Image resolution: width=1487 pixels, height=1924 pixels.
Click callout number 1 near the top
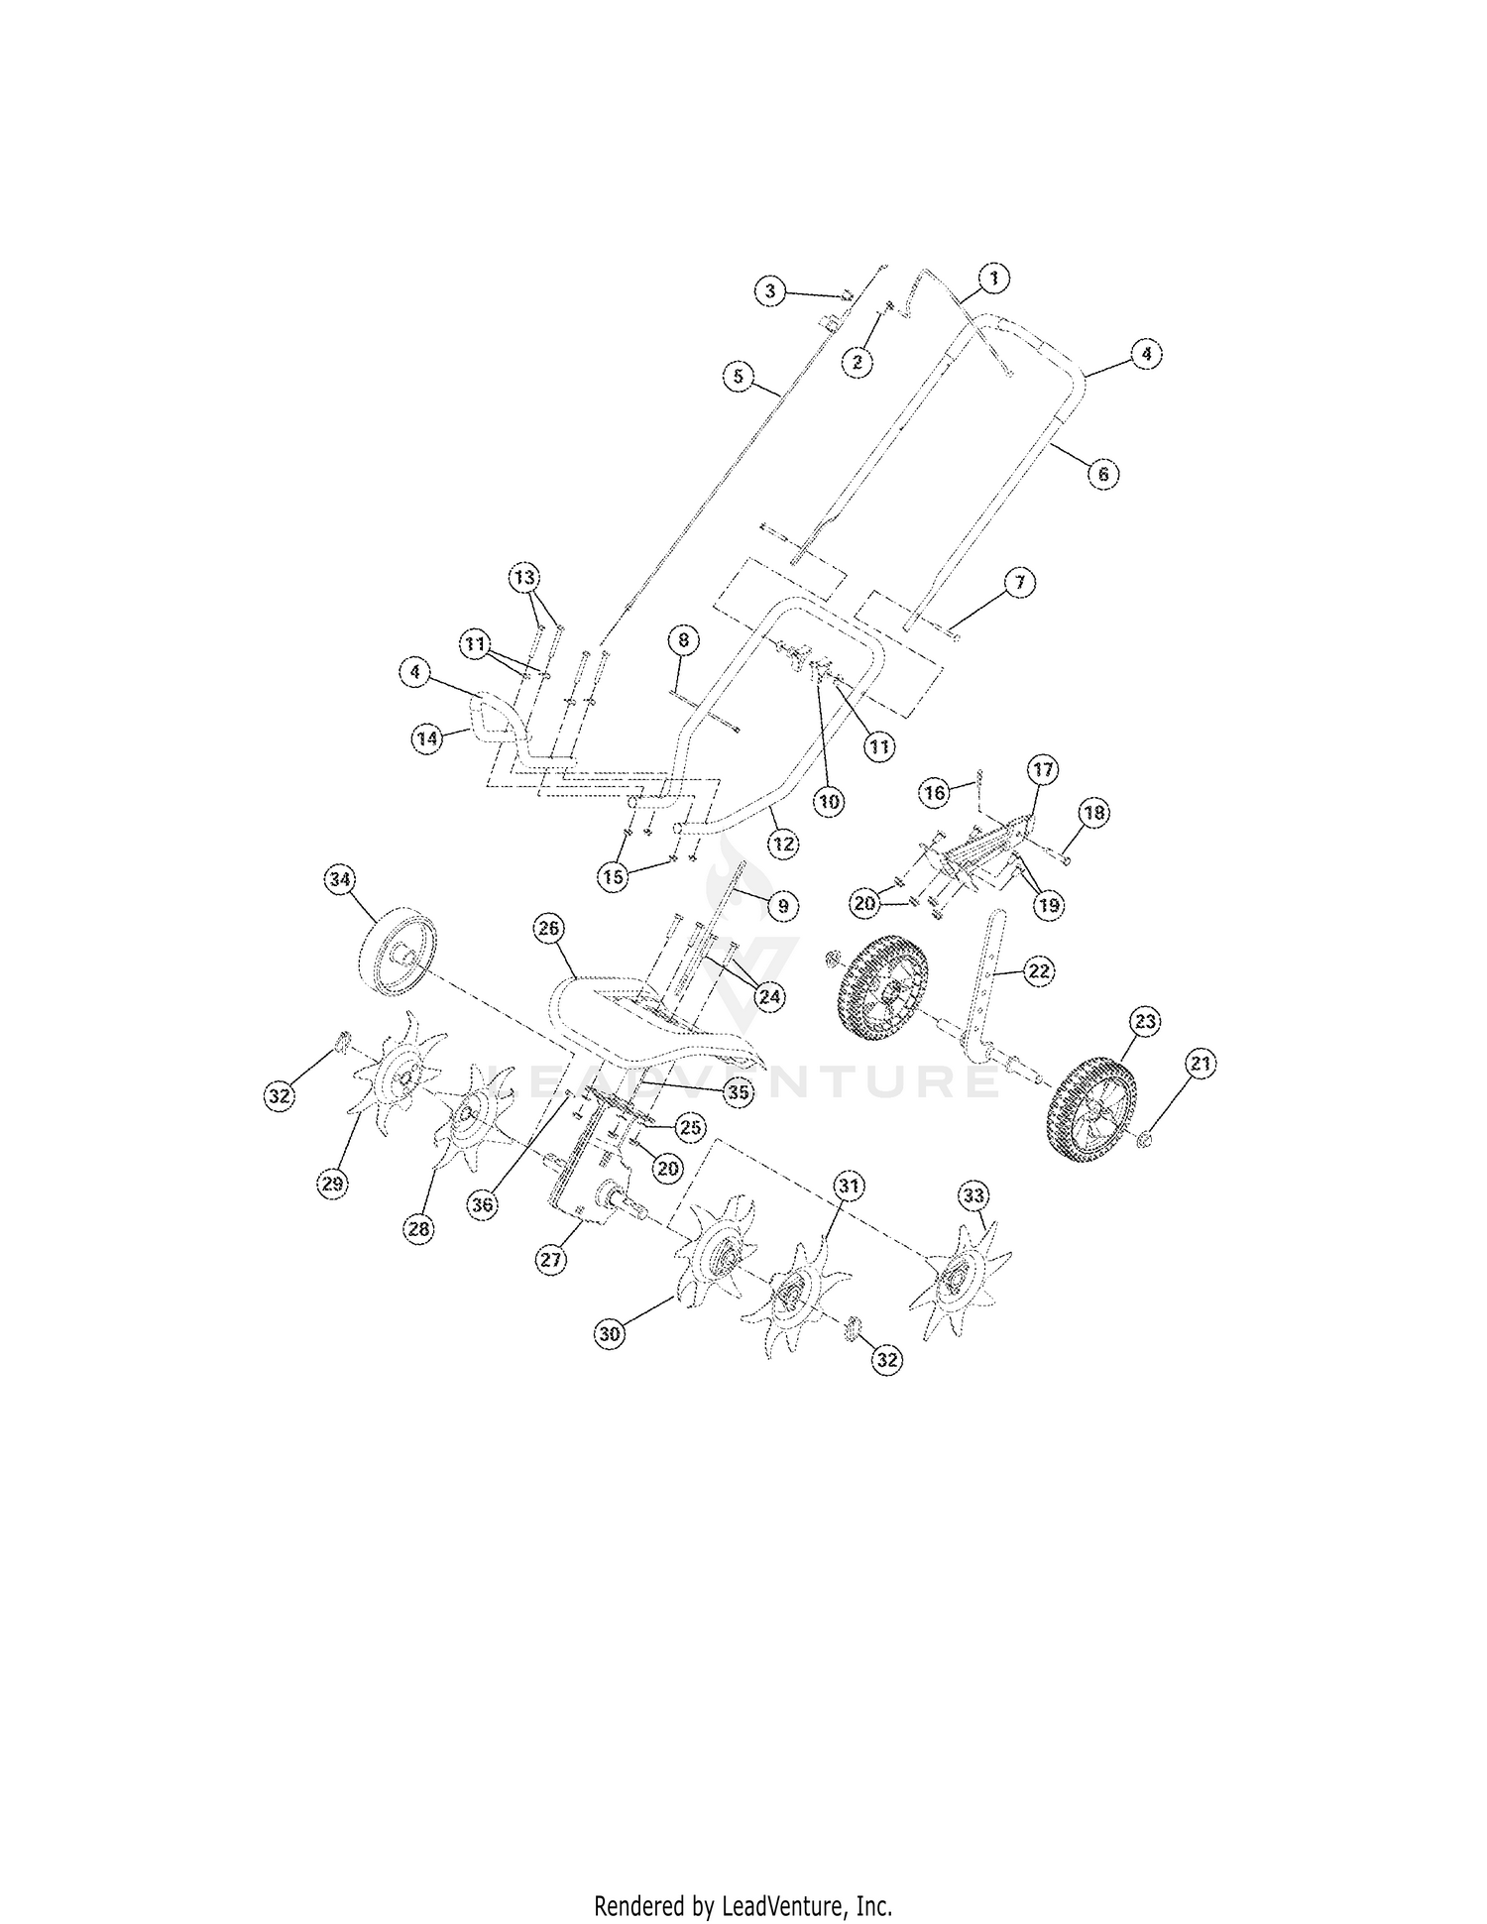994,279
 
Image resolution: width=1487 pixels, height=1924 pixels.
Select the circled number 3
769,291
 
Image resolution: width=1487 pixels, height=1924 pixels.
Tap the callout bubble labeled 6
1102,473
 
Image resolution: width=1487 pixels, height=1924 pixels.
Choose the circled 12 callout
783,844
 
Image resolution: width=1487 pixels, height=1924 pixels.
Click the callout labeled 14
427,738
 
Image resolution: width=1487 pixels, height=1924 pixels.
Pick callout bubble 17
1043,769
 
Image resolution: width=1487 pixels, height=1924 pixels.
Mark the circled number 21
1201,1064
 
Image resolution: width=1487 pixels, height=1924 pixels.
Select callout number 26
548,929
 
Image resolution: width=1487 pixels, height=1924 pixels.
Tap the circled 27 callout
551,1259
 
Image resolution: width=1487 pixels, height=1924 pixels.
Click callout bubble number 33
973,1195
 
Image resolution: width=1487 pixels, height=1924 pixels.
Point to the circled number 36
483,1204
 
